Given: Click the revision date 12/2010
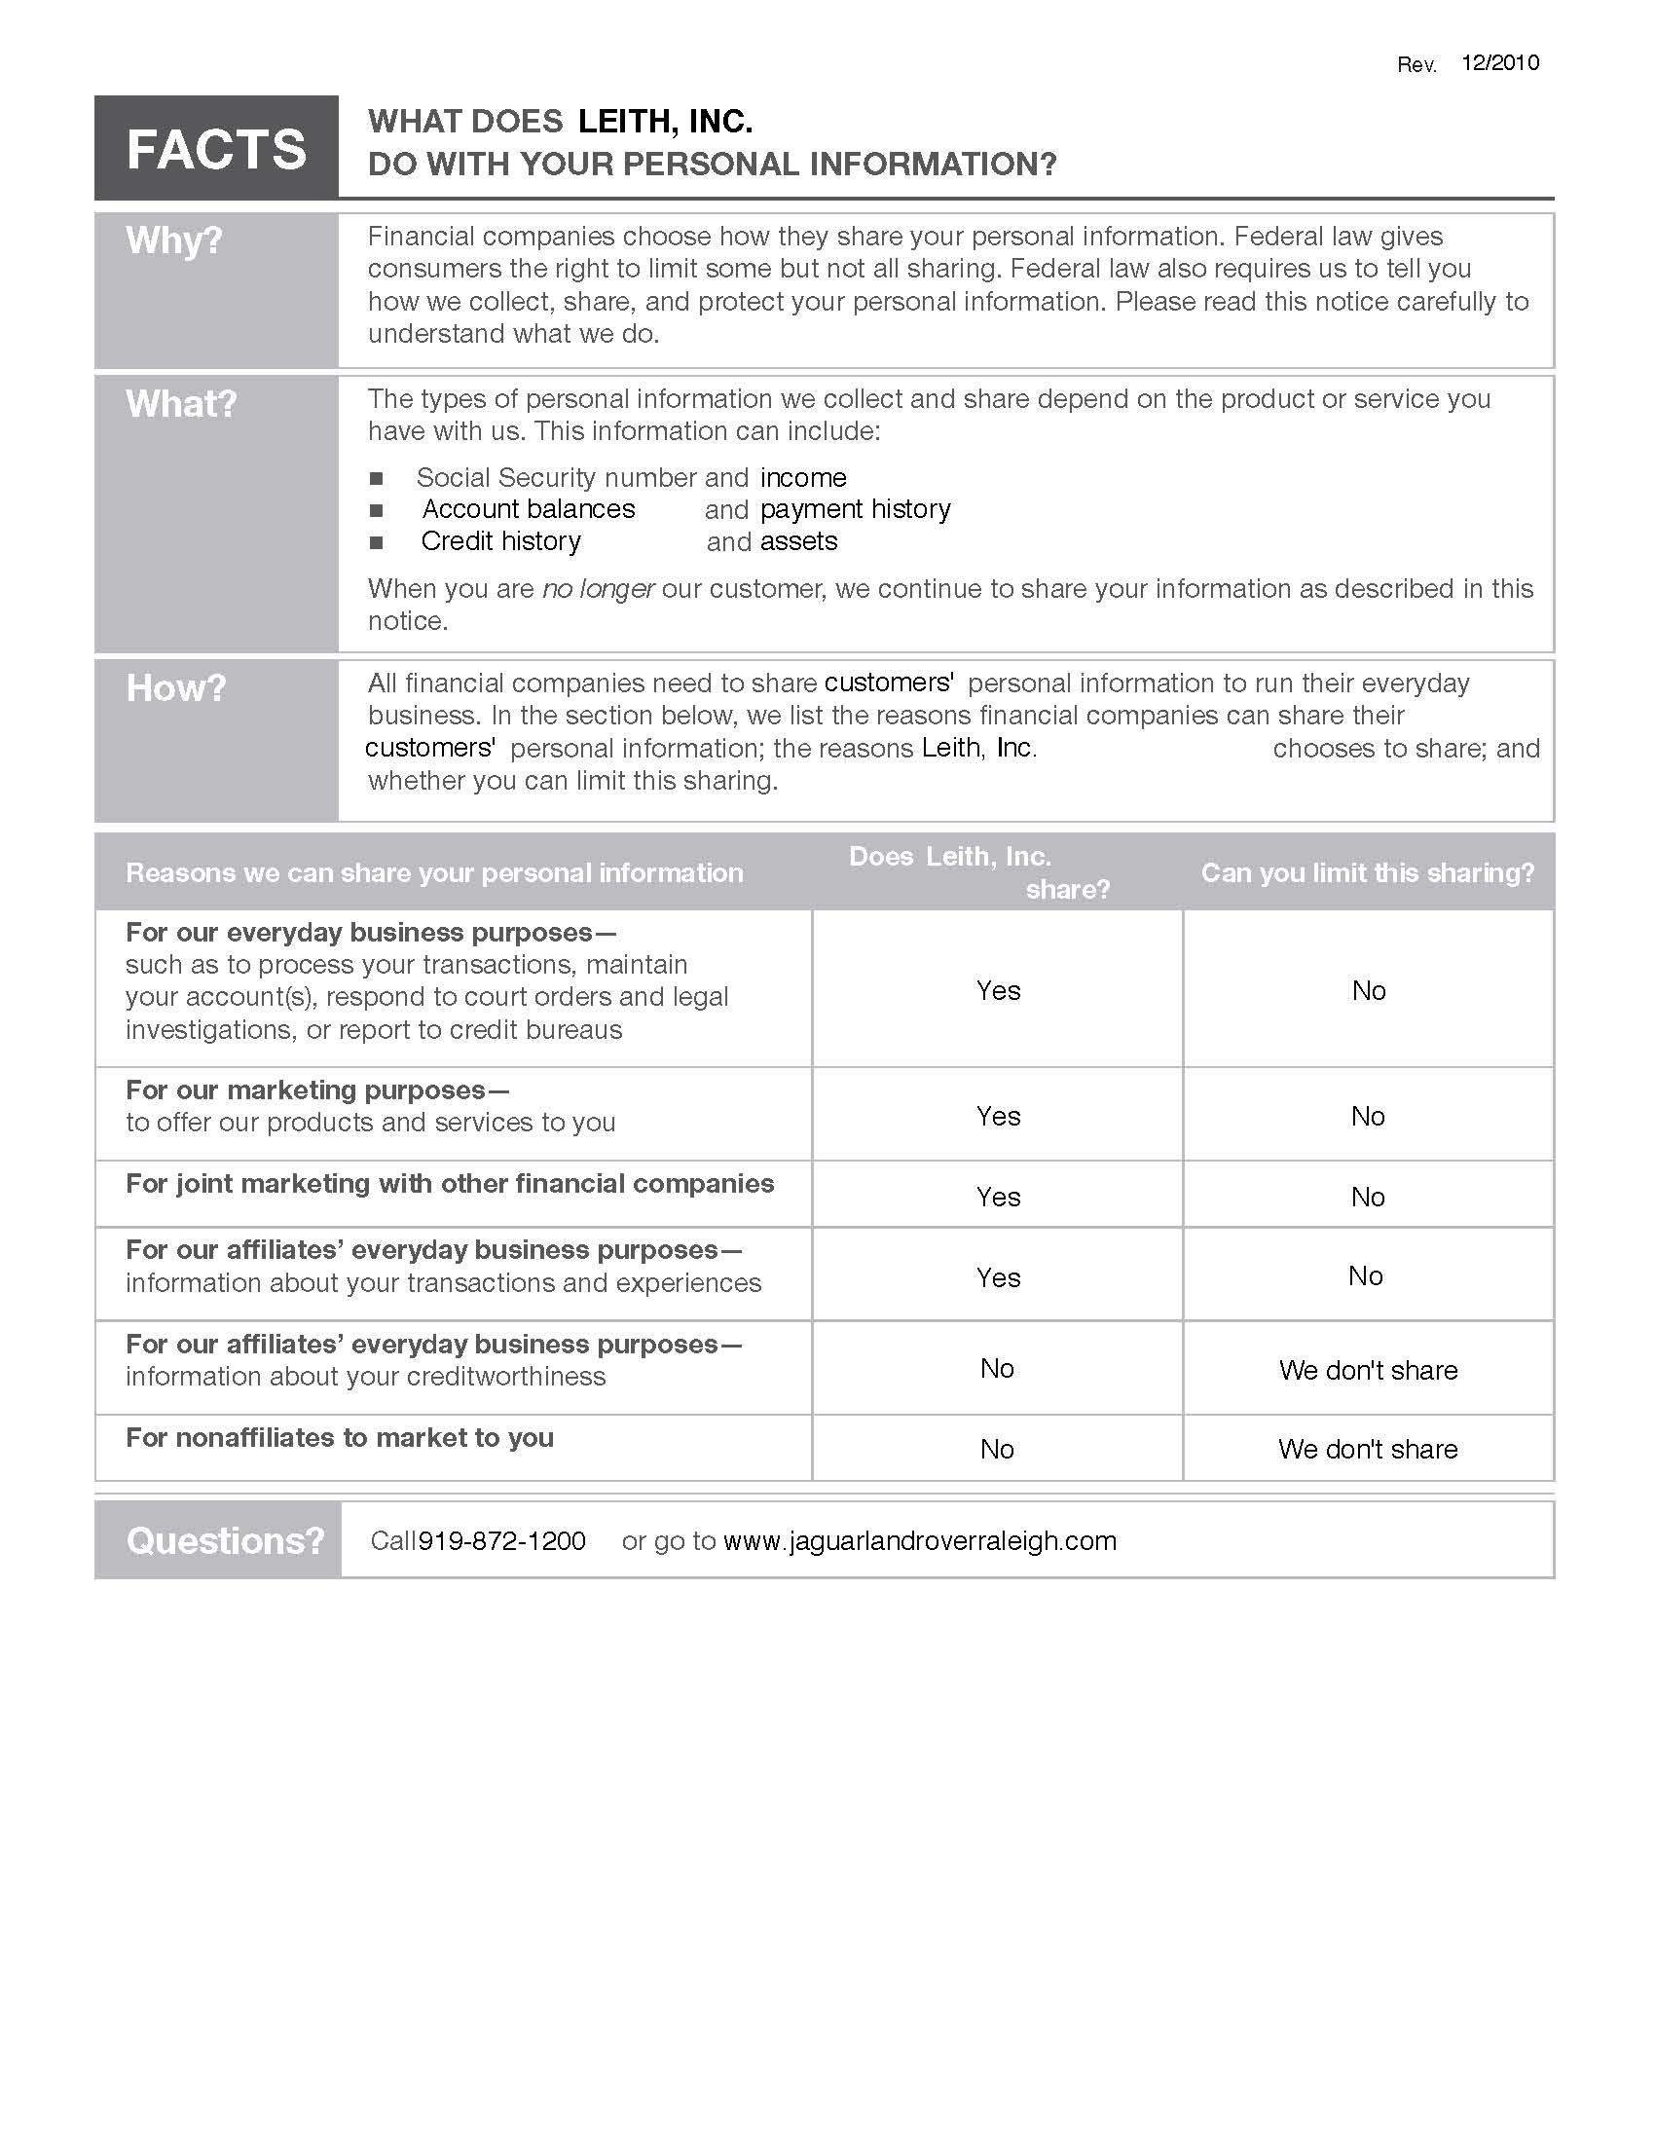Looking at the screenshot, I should click(x=1499, y=62).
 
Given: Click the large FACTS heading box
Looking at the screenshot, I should click(x=216, y=148).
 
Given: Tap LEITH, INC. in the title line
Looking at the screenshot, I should click(x=665, y=122).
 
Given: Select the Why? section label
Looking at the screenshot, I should click(x=174, y=240).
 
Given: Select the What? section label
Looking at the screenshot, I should click(x=181, y=404).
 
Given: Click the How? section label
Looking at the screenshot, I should click(x=176, y=688).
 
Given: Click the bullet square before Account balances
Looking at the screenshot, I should click(x=377, y=511).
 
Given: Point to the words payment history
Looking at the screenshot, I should click(x=855, y=509).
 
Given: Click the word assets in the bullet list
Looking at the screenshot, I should click(x=799, y=541).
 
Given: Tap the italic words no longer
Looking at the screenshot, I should click(x=598, y=588).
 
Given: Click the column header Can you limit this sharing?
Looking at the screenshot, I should click(x=1368, y=873).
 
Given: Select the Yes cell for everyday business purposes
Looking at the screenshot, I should click(x=998, y=990).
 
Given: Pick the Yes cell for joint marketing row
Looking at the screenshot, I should click(x=998, y=1197).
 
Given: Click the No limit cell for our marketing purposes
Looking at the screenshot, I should click(x=1368, y=1116).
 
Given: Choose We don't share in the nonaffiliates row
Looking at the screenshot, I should click(x=1368, y=1449).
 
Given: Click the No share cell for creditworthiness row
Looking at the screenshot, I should click(x=997, y=1368).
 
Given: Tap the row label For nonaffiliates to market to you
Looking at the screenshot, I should click(x=340, y=1438).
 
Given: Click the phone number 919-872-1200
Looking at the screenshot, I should click(x=502, y=1541).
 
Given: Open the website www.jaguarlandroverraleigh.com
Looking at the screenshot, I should click(x=920, y=1541).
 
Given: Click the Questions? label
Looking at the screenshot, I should click(x=225, y=1541).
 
